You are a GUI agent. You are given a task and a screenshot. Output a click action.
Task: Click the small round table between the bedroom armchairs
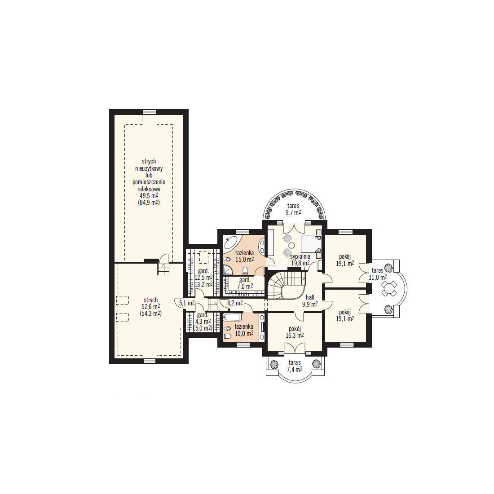(291, 245)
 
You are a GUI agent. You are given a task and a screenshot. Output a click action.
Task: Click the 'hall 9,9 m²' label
(310, 300)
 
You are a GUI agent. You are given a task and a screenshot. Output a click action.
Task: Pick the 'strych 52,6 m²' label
(150, 304)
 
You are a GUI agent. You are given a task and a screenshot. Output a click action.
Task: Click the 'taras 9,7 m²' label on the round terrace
(293, 209)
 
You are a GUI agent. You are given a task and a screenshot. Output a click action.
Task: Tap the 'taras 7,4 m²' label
(294, 366)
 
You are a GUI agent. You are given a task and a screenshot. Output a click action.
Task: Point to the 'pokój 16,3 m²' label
(295, 332)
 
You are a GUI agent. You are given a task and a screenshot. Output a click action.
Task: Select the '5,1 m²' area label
(186, 304)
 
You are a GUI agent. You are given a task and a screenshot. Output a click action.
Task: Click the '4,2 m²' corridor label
(235, 304)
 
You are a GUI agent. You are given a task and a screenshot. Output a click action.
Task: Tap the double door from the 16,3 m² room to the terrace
(295, 348)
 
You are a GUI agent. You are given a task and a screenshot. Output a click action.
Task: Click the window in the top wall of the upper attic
(149, 111)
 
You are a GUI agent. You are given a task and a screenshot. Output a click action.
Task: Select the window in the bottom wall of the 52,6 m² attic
(149, 361)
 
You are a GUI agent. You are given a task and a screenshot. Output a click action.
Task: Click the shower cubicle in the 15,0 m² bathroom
(227, 270)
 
